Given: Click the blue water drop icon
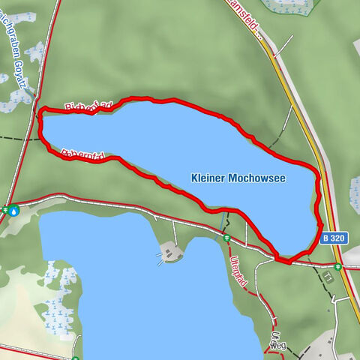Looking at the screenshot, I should point(14,211).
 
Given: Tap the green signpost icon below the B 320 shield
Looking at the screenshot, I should point(338,265).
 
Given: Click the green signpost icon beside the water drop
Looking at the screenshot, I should point(4,211).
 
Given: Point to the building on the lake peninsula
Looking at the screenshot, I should point(171,252).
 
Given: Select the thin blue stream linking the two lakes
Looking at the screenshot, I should point(223,222).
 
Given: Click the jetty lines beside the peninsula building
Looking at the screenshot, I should point(160,258).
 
